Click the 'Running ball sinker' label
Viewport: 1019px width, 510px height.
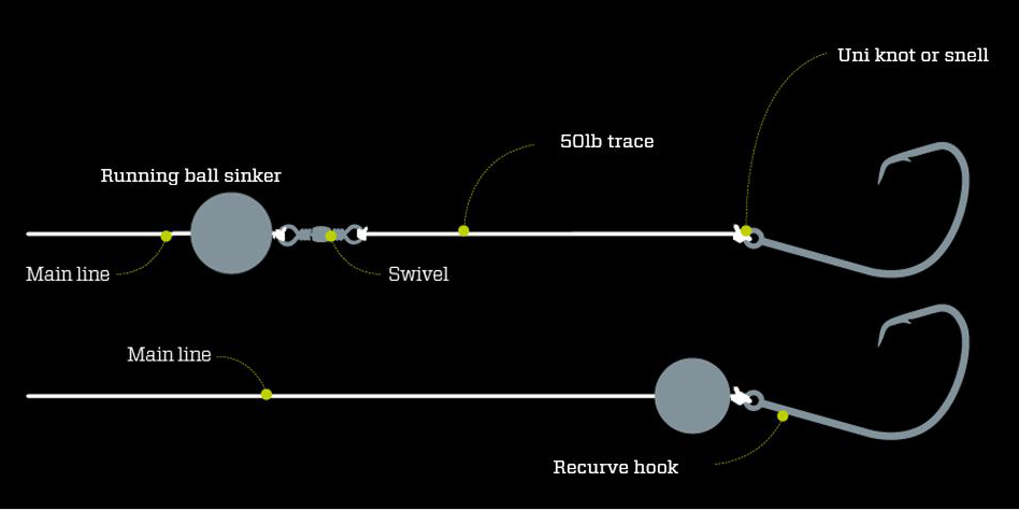click(x=191, y=176)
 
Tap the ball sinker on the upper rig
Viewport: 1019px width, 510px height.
click(x=231, y=233)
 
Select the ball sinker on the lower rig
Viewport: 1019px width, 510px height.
click(x=692, y=396)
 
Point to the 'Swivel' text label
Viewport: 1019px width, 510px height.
click(x=418, y=274)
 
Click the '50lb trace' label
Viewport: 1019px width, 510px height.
click(x=607, y=142)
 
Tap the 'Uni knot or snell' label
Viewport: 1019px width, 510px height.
click(x=913, y=55)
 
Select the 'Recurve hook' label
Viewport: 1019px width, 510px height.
click(x=616, y=467)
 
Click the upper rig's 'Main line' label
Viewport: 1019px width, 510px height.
click(x=68, y=274)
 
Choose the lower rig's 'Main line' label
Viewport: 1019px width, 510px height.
click(x=169, y=354)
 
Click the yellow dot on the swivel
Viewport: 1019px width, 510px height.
click(x=331, y=236)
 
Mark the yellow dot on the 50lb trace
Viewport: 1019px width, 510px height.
click(x=464, y=231)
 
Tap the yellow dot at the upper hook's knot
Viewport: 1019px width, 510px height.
click(x=746, y=231)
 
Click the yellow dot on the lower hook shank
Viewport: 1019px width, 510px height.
click(x=783, y=416)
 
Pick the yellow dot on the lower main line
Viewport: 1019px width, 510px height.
click(x=266, y=394)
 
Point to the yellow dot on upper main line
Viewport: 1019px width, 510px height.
click(x=166, y=236)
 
